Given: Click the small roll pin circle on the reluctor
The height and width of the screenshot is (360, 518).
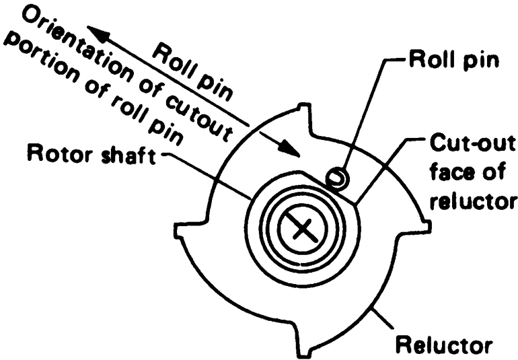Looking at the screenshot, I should pyautogui.click(x=334, y=178).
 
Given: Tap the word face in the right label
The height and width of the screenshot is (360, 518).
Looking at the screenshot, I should pyautogui.click(x=447, y=173).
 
